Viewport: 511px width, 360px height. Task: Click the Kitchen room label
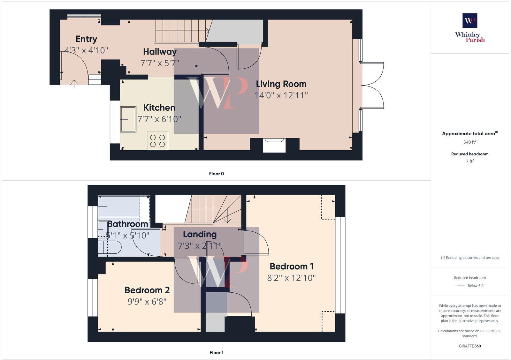tap(159, 108)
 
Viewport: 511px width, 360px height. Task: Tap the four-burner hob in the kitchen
tap(157, 141)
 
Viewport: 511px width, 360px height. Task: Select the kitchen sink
tap(128, 119)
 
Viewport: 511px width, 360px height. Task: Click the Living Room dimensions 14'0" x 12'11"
tap(281, 95)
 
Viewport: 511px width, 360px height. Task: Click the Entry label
tap(86, 39)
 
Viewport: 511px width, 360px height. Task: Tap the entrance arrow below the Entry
tap(74, 84)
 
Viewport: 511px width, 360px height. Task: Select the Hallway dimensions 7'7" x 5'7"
tap(160, 63)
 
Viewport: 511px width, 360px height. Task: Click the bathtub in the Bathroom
tap(124, 206)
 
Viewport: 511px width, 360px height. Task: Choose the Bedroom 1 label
tap(292, 266)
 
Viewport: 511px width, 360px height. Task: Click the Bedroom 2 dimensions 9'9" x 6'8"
tap(147, 301)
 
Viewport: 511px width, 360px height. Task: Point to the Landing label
tap(200, 234)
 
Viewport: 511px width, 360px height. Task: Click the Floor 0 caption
tap(217, 174)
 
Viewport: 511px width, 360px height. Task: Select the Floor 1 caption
tap(217, 352)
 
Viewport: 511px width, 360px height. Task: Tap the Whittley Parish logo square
tap(470, 21)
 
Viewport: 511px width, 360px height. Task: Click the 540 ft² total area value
tap(470, 142)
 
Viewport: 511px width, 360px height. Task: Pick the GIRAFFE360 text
tap(470, 346)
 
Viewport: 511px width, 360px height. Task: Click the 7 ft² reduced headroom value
tap(470, 161)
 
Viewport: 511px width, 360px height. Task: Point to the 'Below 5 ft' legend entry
tap(476, 286)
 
